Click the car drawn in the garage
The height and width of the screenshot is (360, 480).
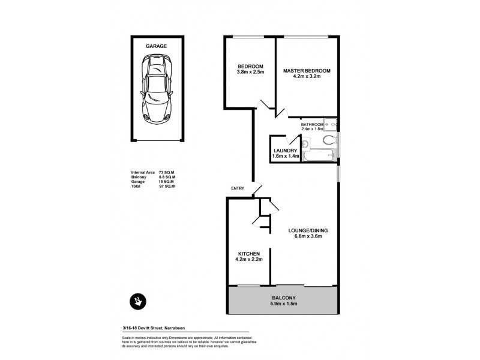click(x=155, y=89)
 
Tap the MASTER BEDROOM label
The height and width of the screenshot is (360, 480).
click(x=307, y=70)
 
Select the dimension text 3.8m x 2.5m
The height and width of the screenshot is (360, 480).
click(x=249, y=73)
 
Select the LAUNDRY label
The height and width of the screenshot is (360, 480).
click(x=286, y=151)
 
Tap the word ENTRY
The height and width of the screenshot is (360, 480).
click(x=238, y=189)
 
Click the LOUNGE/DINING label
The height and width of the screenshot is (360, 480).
click(x=307, y=230)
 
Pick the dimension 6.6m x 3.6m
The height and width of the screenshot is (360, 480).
click(x=307, y=236)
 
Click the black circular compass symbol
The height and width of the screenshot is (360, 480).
click(x=139, y=301)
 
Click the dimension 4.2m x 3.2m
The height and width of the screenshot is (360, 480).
click(x=307, y=77)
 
